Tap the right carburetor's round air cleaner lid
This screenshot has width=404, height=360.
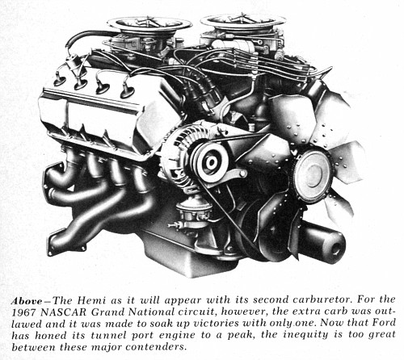point(240,20)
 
